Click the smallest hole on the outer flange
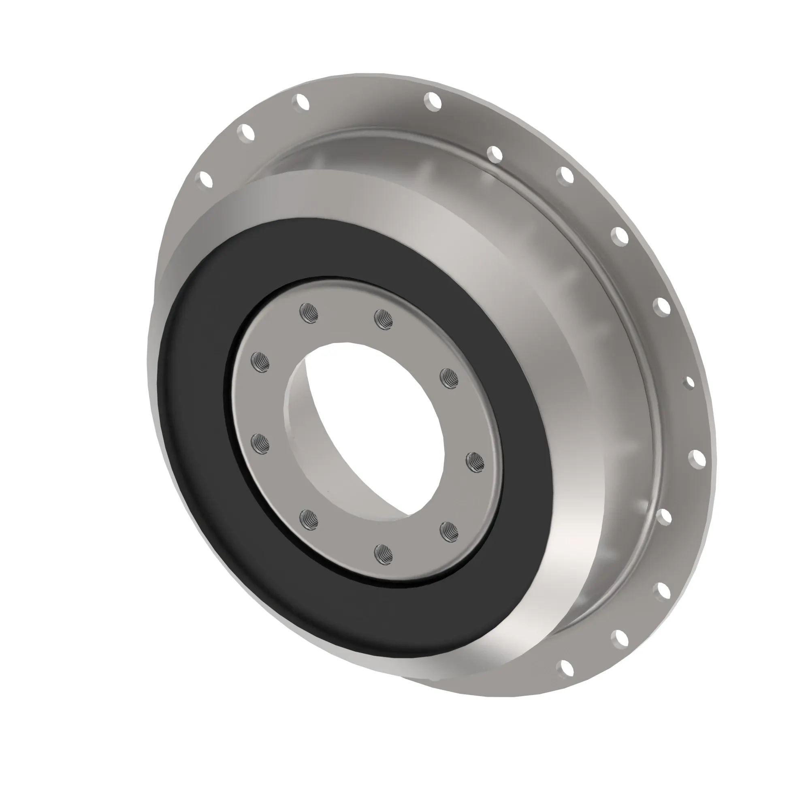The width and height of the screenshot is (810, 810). click(689, 383)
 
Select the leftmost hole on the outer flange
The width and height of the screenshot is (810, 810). click(206, 179)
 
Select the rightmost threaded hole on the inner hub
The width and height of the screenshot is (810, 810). click(475, 463)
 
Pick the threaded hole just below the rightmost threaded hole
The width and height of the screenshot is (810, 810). click(449, 532)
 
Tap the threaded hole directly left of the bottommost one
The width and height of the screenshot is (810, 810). click(309, 520)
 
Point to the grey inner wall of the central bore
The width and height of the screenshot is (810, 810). click(310, 440)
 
